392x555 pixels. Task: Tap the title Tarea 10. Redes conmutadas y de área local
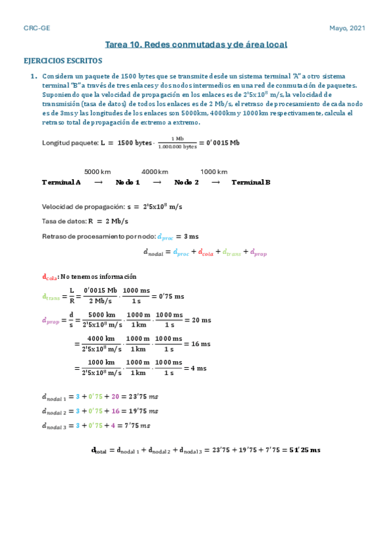pyautogui.click(x=196, y=45)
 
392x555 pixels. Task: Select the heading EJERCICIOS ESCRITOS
pyautogui.click(x=62, y=61)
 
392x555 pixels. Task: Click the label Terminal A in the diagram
pyautogui.click(x=61, y=182)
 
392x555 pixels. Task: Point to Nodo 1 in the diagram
pyautogui.click(x=128, y=182)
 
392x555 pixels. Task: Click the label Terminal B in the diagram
pyautogui.click(x=251, y=182)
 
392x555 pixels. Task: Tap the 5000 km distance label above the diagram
pyautogui.click(x=98, y=171)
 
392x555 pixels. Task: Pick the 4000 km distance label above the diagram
pyautogui.click(x=155, y=171)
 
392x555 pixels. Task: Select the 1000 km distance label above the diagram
pyautogui.click(x=213, y=171)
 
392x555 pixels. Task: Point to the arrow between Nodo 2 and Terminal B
pyautogui.click(x=215, y=182)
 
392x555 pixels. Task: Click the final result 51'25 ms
pyautogui.click(x=304, y=450)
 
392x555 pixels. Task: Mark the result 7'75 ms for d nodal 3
pyautogui.click(x=137, y=425)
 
